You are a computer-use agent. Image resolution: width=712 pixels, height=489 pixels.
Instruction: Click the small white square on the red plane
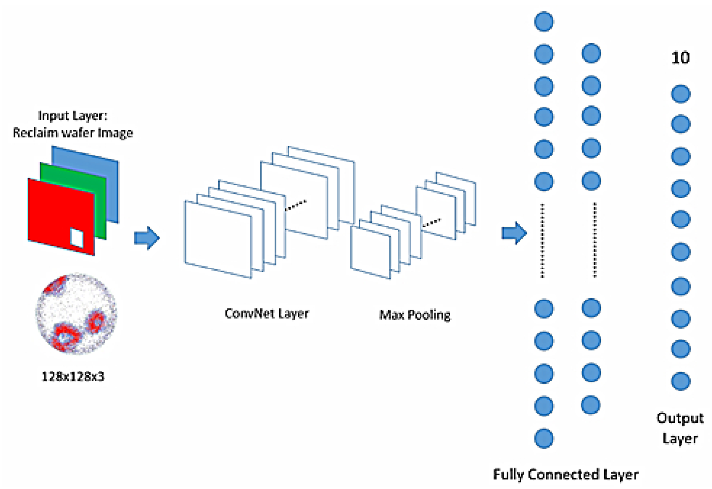(x=77, y=238)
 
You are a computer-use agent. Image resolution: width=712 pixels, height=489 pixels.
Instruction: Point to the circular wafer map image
(x=76, y=314)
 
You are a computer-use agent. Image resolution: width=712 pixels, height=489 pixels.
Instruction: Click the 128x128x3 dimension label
(x=73, y=376)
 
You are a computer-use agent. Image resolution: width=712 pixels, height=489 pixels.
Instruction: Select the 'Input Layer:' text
(x=73, y=116)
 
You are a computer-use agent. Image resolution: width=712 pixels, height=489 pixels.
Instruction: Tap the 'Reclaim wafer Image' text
(x=73, y=133)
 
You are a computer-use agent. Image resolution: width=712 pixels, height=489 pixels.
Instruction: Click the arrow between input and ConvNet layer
(x=147, y=238)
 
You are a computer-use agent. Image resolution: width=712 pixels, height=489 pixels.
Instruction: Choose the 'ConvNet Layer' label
(x=267, y=313)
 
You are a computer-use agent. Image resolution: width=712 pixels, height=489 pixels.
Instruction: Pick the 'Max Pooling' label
(x=415, y=315)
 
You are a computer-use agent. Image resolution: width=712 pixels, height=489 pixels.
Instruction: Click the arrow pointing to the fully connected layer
(x=514, y=233)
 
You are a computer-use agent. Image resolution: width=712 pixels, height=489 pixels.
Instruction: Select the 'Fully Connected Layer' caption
(x=566, y=475)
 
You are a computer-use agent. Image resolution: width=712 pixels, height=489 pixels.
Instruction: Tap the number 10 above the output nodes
(x=680, y=57)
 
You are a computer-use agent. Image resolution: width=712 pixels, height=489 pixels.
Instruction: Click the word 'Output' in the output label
(x=680, y=418)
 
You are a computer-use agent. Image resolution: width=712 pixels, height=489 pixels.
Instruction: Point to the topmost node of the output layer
(x=681, y=94)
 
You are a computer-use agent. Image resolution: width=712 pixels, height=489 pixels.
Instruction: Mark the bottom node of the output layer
(x=681, y=381)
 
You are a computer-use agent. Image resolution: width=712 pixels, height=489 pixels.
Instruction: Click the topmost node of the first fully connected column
(x=544, y=21)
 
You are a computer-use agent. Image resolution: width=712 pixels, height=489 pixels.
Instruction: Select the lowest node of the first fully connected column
(x=544, y=438)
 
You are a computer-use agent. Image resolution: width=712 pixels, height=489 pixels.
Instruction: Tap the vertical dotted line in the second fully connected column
(x=595, y=240)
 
